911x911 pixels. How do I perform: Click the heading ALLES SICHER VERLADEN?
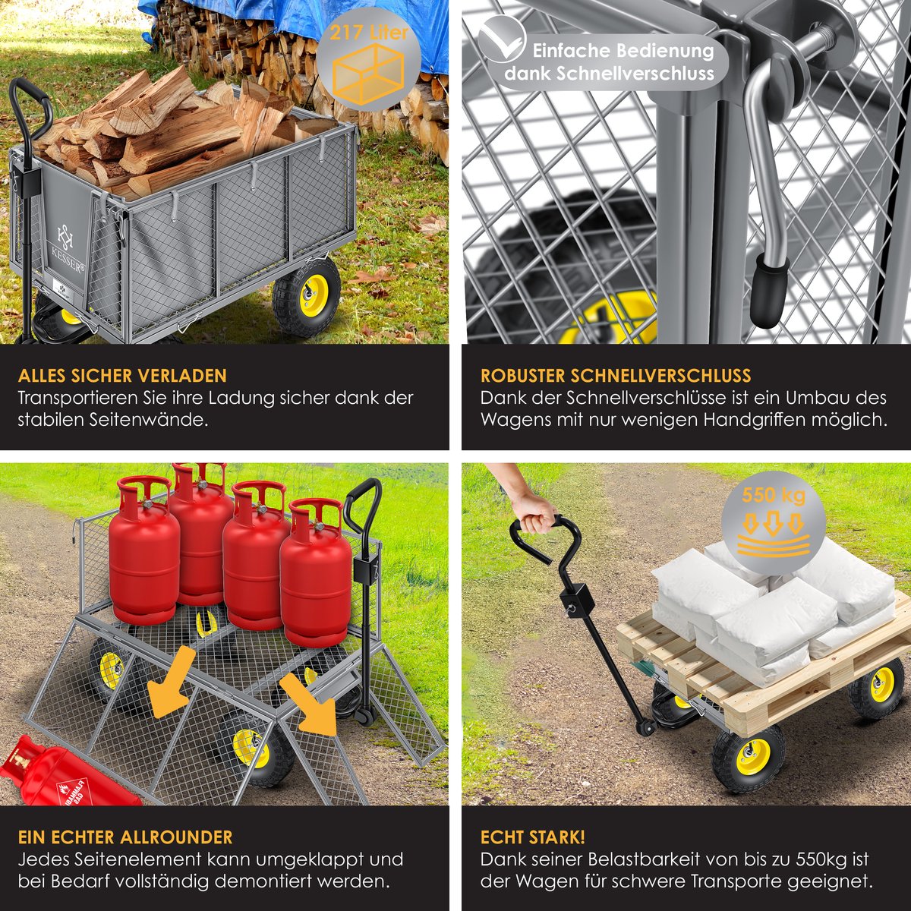[122, 375]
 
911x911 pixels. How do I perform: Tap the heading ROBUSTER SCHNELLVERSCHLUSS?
[616, 375]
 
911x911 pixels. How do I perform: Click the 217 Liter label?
[369, 33]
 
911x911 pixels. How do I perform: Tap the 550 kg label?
[774, 495]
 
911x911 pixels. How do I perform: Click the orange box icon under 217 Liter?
[368, 74]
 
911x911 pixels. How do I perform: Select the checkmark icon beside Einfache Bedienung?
[502, 39]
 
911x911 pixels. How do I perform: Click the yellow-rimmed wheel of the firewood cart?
[307, 297]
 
